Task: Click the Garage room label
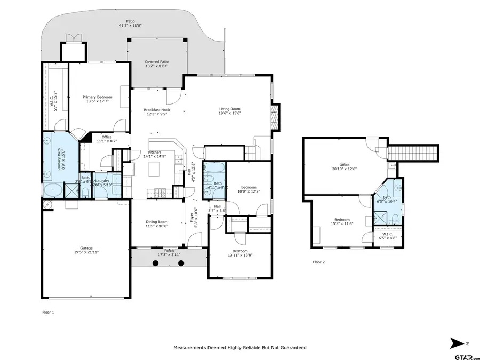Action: [x=86, y=249]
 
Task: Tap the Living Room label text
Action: [x=230, y=110]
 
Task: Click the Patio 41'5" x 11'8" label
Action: [x=130, y=24]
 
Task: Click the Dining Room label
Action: [x=157, y=223]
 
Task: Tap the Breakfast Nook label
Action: [x=156, y=110]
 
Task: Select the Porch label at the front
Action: [x=169, y=251]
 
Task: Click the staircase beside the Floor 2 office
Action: [x=414, y=153]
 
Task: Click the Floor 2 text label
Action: [x=318, y=262]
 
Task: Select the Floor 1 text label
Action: [x=48, y=313]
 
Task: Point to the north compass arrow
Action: [x=457, y=342]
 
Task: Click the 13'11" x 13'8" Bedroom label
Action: [x=240, y=253]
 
